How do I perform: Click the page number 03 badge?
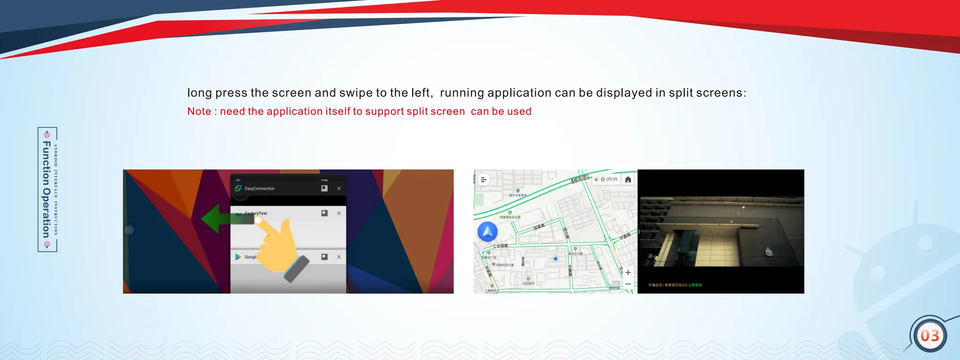click(x=930, y=336)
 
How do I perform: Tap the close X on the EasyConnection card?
click(x=339, y=188)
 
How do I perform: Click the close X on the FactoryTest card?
click(x=339, y=213)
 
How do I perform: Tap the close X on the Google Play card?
click(x=339, y=257)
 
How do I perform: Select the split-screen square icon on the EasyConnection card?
click(x=324, y=188)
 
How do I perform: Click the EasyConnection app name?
click(x=260, y=188)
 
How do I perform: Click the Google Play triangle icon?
click(x=238, y=257)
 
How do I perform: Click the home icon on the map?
click(x=628, y=180)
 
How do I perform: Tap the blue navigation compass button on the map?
click(x=487, y=232)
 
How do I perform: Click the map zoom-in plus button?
click(x=628, y=272)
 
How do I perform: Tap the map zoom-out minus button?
click(x=628, y=284)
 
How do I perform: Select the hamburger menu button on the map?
click(x=484, y=180)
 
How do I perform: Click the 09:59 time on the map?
click(x=612, y=180)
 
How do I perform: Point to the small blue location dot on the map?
click(x=555, y=259)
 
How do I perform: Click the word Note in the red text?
click(x=199, y=112)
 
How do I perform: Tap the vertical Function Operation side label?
click(x=47, y=189)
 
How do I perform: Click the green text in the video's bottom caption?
click(x=695, y=285)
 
